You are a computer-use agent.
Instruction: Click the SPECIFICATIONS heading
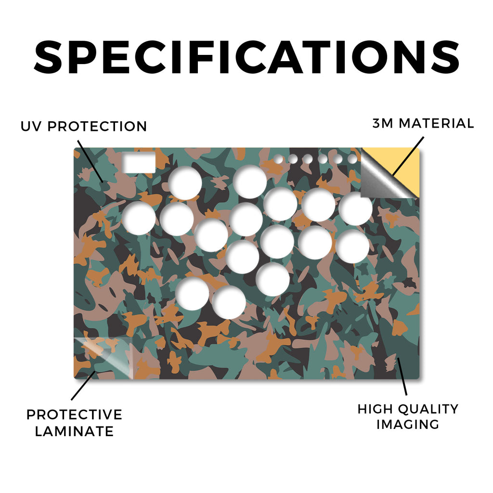click(246, 57)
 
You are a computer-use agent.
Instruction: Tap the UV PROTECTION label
click(84, 127)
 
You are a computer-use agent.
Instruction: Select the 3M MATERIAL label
click(423, 123)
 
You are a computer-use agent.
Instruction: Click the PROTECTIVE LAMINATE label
click(74, 423)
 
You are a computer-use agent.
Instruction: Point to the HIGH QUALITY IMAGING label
click(408, 416)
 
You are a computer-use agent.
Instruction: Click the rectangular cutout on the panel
click(139, 162)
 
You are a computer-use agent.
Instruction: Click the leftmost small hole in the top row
click(278, 159)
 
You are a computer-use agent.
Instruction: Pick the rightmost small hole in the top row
click(352, 159)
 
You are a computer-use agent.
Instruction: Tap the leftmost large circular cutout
click(138, 218)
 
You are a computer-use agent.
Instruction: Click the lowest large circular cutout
click(229, 302)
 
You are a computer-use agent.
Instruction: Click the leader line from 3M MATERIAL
click(408, 156)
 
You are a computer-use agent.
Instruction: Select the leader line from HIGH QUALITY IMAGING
click(402, 376)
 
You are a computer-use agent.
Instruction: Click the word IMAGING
click(408, 424)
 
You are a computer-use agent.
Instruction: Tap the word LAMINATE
click(74, 431)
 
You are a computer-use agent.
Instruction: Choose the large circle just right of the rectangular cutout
click(185, 183)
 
